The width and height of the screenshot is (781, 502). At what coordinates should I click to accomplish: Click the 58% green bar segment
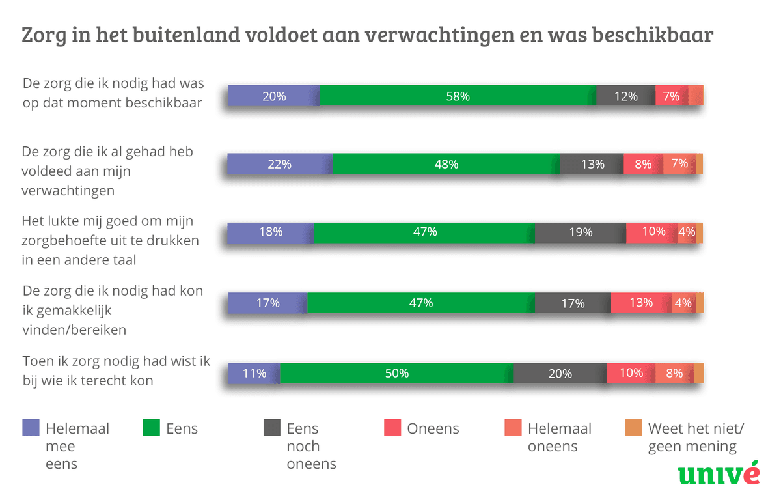[x=458, y=96]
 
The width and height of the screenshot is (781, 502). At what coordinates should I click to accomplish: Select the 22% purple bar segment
[x=280, y=164]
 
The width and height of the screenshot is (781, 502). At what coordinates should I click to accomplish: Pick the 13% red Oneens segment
[x=641, y=303]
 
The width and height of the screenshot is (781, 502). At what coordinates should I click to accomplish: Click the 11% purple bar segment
[x=254, y=374]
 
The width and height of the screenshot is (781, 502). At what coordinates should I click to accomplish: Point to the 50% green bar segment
[x=396, y=374]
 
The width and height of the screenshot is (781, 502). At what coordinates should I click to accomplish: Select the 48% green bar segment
[x=446, y=164]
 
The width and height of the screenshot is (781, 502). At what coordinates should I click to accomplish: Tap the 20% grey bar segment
[x=560, y=374]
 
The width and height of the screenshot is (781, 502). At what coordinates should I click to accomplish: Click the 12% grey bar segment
[x=625, y=96]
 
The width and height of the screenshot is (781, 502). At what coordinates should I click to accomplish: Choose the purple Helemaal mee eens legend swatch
[x=31, y=428]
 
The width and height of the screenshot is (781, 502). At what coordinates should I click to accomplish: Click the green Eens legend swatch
[x=151, y=428]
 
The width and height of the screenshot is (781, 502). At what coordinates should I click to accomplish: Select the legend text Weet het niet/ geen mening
[x=695, y=438]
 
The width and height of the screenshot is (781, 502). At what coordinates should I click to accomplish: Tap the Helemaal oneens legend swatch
[x=513, y=428]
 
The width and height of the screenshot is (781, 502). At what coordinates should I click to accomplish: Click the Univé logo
[x=719, y=473]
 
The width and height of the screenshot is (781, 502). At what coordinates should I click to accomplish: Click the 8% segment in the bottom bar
[x=674, y=374]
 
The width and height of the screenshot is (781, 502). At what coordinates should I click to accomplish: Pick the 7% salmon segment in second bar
[x=679, y=164]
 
